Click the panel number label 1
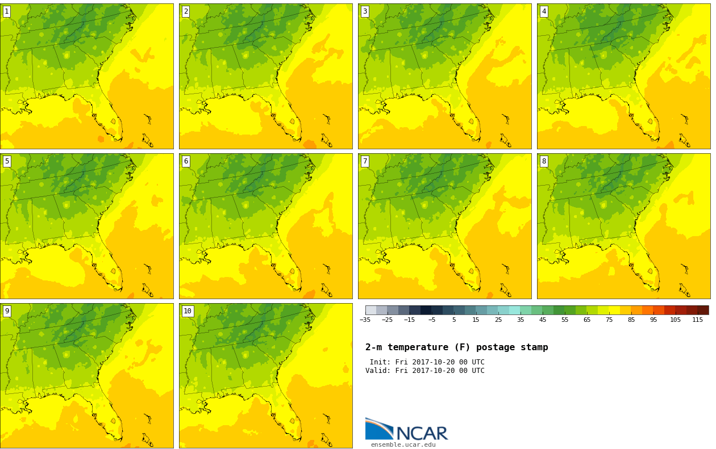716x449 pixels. (x=7, y=12)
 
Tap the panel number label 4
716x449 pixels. (x=544, y=12)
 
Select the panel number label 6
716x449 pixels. (x=186, y=161)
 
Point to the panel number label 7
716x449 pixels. (x=365, y=161)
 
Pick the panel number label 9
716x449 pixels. (x=7, y=311)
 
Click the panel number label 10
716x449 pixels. (x=188, y=311)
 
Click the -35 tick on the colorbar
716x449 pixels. (x=365, y=320)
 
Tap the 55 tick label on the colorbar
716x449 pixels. (x=565, y=320)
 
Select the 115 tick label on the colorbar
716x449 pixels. (x=698, y=320)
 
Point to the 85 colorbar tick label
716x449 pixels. (x=631, y=320)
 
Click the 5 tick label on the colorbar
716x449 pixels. (x=454, y=320)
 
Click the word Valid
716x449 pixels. (x=378, y=371)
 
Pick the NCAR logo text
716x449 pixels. (x=422, y=433)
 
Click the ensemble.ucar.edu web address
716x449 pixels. (x=403, y=444)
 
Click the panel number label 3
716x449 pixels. (x=365, y=12)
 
